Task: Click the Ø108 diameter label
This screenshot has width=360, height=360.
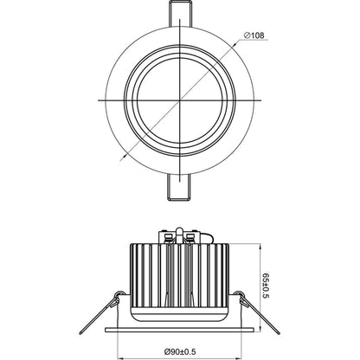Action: tap(259, 35)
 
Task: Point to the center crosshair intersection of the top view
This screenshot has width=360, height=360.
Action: tap(180, 101)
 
